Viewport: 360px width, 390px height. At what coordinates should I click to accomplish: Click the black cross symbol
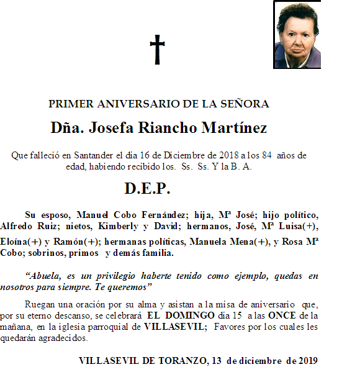158,50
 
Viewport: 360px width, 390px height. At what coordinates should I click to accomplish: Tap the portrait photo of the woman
297,35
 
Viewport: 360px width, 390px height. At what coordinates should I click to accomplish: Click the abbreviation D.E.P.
147,188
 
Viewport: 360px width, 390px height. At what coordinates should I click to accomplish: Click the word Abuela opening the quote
46,274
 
